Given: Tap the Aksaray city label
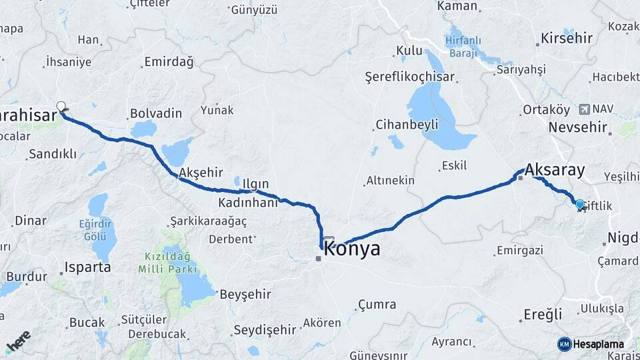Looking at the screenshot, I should pos(555,170).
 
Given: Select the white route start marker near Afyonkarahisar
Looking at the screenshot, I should pos(61,107).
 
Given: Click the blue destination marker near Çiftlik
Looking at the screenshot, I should pos(580,205).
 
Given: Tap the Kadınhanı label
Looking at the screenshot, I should pos(247,203).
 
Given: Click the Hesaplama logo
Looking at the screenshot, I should pos(591,344).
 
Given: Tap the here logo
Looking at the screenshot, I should pos(18,341).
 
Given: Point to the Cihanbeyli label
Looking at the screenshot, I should pos(407,124).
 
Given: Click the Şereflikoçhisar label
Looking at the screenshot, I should pos(410,77).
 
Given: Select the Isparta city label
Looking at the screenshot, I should pos(87,268).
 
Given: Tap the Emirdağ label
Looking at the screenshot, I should pos(169,63).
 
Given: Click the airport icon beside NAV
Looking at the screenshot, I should pos(585,109).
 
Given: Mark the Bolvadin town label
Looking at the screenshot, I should pos(156,113).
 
